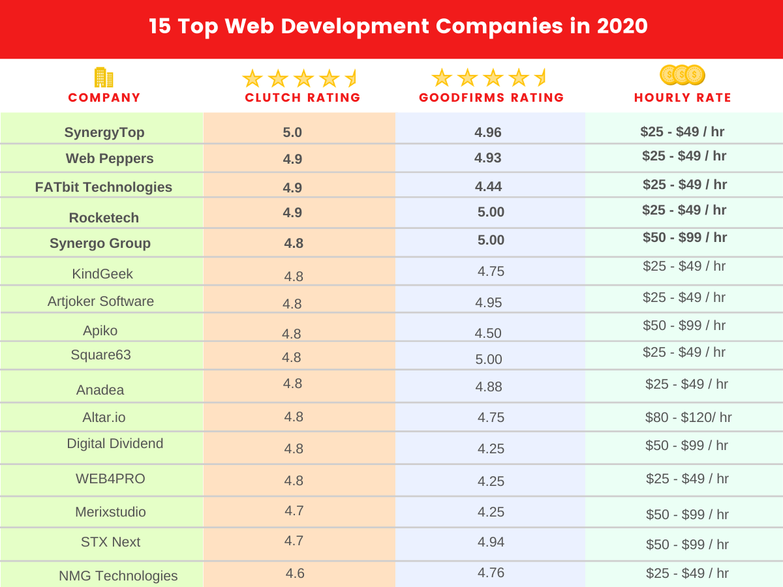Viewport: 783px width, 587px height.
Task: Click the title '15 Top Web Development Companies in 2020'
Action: [398, 27]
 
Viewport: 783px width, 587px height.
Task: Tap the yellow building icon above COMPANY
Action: [104, 77]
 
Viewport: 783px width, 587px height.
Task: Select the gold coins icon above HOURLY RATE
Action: [682, 75]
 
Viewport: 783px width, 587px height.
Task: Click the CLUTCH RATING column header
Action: [302, 98]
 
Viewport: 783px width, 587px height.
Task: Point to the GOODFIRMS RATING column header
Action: [491, 98]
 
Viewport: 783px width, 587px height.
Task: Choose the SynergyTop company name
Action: [104, 132]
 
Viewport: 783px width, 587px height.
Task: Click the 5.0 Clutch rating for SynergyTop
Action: [292, 132]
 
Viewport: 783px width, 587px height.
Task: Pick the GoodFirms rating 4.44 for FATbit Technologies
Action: [488, 187]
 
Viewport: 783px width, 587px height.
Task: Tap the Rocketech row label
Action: [104, 218]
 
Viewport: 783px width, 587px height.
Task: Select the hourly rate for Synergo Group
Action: [684, 237]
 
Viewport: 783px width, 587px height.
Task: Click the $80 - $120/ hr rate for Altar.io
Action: [688, 417]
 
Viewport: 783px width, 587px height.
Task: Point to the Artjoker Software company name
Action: [100, 301]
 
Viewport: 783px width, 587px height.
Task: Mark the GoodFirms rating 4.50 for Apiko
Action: [488, 333]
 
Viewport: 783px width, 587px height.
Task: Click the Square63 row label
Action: [100, 355]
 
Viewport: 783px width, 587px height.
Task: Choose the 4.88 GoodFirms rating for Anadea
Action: [489, 387]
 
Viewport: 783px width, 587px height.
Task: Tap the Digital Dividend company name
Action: [115, 444]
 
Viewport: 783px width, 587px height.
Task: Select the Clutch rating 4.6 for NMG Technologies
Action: [295, 573]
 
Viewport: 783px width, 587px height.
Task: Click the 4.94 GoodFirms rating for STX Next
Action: [491, 542]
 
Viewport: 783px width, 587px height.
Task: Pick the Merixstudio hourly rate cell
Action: [687, 515]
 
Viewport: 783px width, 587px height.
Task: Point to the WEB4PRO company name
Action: [110, 479]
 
